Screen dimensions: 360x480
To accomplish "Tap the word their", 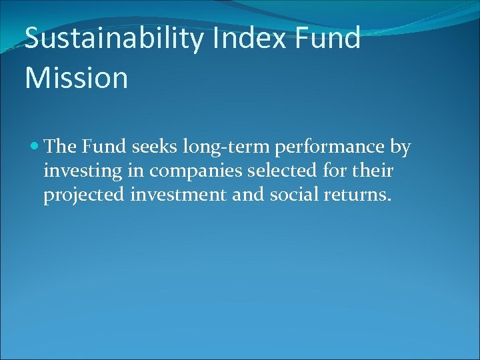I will (x=372, y=171).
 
